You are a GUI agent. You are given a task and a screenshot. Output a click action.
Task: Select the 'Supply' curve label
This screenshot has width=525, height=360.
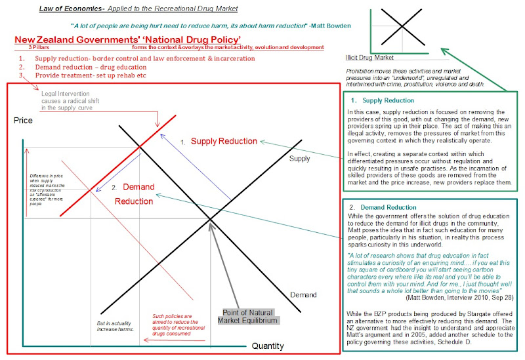[299, 159]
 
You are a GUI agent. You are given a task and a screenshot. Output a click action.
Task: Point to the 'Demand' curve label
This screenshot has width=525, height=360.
[303, 295]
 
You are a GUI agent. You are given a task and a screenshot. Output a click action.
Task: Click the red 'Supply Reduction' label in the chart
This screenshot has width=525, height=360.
[224, 142]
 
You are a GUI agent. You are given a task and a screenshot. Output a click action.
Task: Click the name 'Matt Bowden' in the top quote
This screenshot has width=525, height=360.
[327, 26]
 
